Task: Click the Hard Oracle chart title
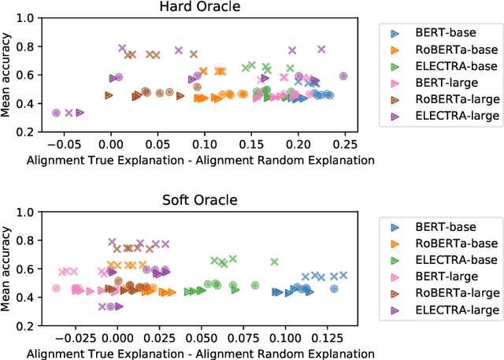200,7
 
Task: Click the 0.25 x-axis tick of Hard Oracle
343,145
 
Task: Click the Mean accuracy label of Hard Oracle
7,75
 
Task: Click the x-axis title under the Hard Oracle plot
200,160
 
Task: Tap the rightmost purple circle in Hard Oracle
343,76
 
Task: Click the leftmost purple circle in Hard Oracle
56,113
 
